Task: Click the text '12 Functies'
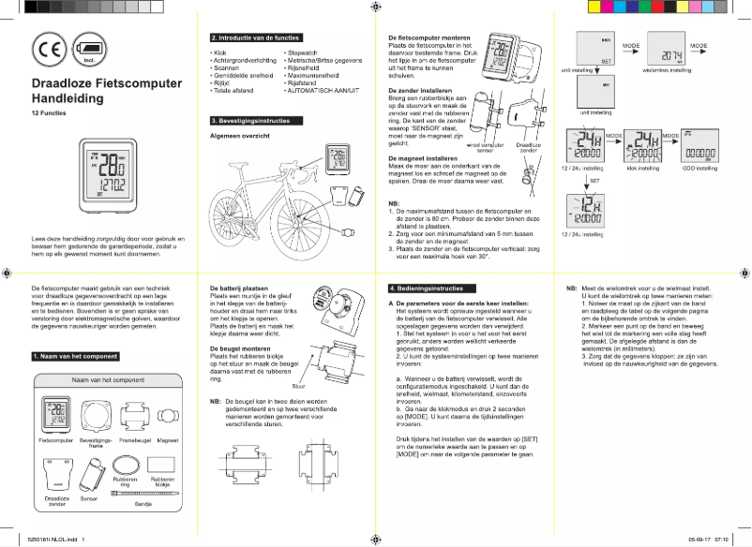49,112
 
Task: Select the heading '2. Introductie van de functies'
254,37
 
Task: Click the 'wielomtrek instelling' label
669,70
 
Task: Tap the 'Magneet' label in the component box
168,439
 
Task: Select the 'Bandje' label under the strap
144,504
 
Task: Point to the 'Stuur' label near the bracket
299,385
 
